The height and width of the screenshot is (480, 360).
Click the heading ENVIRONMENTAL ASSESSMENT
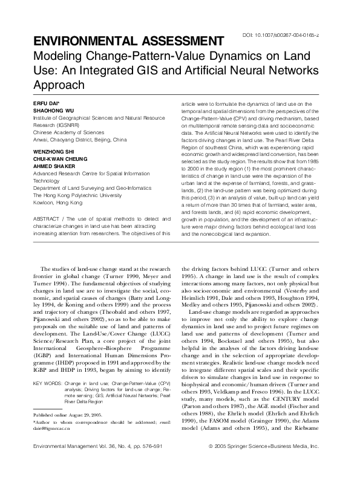pos(119,41)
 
